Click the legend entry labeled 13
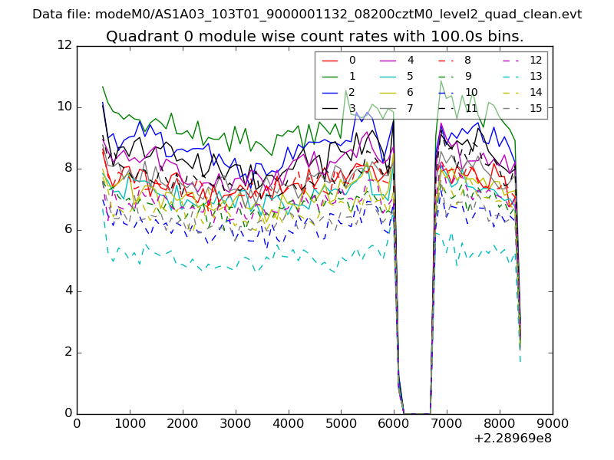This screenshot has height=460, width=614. (536, 76)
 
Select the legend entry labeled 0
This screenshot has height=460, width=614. (352, 60)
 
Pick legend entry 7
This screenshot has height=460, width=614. (410, 108)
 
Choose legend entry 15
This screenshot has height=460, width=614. (536, 108)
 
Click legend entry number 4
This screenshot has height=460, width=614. (410, 60)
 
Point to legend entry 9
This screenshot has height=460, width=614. (467, 76)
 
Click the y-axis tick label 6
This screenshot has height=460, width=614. (67, 230)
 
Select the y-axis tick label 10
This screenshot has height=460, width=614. (64, 107)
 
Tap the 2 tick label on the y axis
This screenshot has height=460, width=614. (67, 353)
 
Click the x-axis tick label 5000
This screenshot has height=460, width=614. (341, 422)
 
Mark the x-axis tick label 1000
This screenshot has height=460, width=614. (130, 422)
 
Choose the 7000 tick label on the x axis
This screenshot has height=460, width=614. (447, 422)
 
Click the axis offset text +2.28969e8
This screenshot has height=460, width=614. (513, 439)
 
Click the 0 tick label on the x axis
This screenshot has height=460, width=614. (77, 422)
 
